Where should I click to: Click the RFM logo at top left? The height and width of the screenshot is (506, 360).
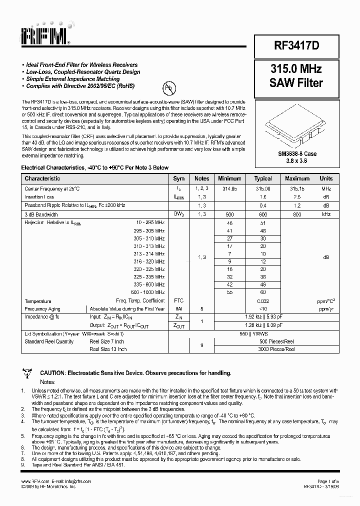46,35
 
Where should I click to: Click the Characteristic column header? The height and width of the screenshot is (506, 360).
42,178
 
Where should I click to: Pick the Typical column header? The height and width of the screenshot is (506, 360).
262,178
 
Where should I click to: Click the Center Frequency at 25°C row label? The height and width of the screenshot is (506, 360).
52,189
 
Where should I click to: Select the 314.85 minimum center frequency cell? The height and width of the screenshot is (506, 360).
229,189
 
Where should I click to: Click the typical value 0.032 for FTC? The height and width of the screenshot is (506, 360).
263,301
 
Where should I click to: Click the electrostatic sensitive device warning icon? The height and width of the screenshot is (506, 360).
27,373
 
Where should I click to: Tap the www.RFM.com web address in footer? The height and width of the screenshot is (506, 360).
31,481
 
